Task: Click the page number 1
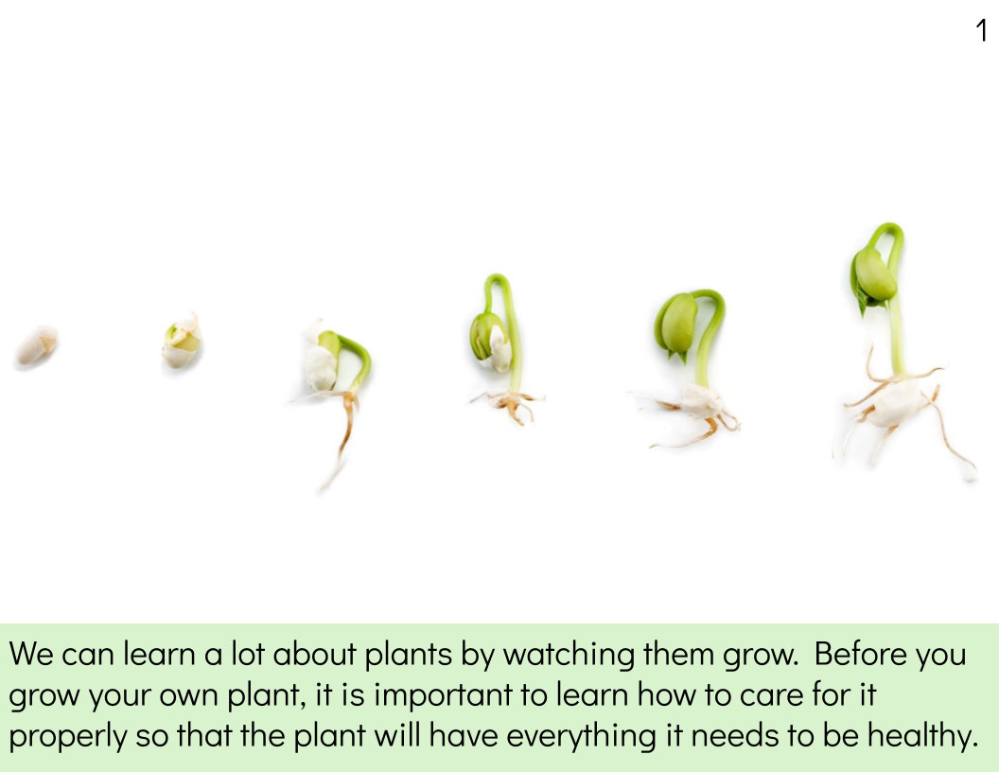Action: [981, 30]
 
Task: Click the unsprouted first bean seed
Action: [36, 344]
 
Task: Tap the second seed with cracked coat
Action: [181, 342]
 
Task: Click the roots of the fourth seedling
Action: [511, 404]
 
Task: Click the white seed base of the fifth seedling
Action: [700, 402]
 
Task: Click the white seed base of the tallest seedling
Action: [896, 404]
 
